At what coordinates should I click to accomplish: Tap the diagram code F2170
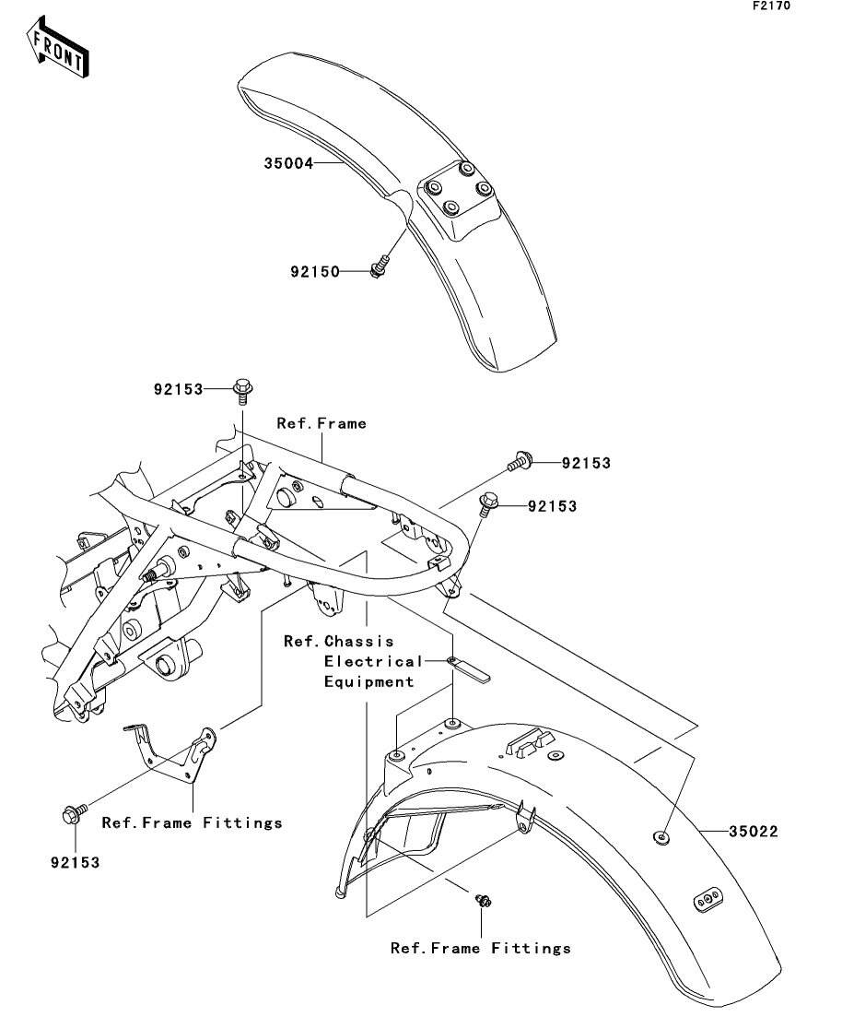pos(771,6)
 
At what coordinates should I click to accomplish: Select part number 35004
pos(288,163)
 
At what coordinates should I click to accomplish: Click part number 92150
pos(315,272)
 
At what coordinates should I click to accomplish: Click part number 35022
pos(754,832)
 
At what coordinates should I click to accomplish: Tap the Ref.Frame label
pos(322,423)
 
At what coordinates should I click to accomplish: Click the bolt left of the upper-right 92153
pos(520,462)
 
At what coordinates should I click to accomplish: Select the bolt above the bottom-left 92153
pos(75,813)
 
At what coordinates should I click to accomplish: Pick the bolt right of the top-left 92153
pos(242,391)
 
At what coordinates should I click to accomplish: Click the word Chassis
pos(359,642)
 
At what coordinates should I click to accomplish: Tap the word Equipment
pos(368,681)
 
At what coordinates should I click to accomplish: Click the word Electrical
pos(373,662)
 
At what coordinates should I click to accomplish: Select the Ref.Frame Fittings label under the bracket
pos(193,823)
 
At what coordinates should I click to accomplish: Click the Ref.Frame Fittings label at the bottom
pos(481,948)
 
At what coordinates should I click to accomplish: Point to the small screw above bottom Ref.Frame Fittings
pos(483,900)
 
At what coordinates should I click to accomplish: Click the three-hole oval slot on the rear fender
pos(708,900)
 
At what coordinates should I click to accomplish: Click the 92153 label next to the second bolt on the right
pos(552,506)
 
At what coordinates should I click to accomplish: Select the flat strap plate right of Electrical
pos(469,669)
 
